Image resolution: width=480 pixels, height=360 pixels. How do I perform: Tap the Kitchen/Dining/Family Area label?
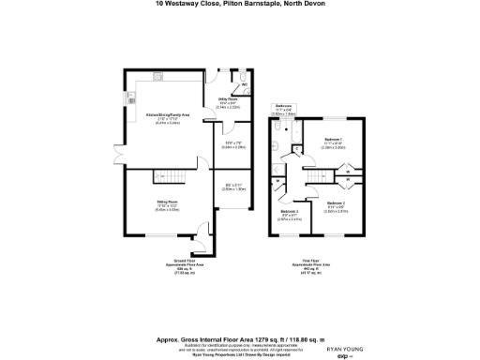tap(167, 115)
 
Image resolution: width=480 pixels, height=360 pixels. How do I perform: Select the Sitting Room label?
tap(168, 201)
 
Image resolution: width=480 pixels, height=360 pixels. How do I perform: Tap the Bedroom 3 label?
tap(290, 212)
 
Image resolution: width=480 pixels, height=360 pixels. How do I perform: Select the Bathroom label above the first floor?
tap(284, 106)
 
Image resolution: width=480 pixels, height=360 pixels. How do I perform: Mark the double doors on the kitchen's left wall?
tap(118, 151)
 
